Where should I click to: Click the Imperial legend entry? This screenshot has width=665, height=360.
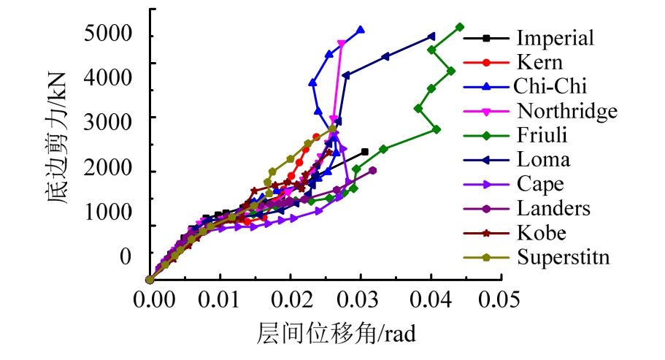(555, 38)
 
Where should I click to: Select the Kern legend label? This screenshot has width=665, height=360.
(539, 62)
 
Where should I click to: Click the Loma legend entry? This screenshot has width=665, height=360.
(543, 160)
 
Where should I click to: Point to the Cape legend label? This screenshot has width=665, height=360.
(540, 184)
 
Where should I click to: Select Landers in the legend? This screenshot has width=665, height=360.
(553, 208)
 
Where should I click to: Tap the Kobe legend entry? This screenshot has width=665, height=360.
(541, 233)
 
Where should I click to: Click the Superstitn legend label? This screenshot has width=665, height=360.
(563, 257)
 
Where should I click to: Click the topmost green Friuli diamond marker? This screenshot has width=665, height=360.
(460, 27)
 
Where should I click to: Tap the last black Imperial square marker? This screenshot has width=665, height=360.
(365, 152)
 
